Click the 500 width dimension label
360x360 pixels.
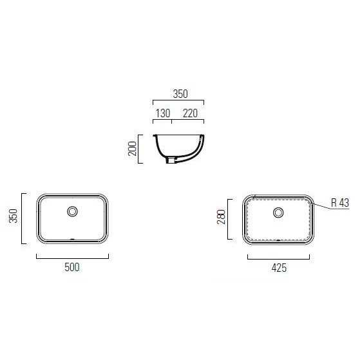click(x=72, y=267)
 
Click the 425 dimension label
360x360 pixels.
click(x=279, y=268)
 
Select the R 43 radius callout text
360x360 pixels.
click(x=340, y=203)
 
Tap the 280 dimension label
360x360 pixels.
click(x=222, y=217)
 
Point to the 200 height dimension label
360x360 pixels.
click(x=132, y=149)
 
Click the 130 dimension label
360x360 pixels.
click(x=163, y=113)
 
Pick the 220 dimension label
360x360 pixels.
click(x=191, y=113)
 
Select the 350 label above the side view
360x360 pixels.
click(x=180, y=94)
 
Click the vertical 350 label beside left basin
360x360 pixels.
click(x=13, y=216)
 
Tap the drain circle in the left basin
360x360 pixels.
click(x=72, y=211)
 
